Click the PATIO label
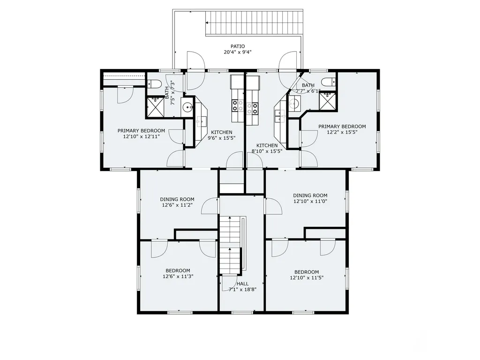click(x=238, y=46)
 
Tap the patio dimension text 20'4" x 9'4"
click(x=238, y=52)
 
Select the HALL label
click(x=242, y=284)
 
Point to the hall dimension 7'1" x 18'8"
click(x=242, y=289)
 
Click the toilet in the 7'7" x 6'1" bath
click(x=329, y=82)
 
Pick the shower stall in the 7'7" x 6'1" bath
click(x=328, y=101)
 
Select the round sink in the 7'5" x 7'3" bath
click(x=187, y=107)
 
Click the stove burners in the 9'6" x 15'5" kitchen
click(x=238, y=105)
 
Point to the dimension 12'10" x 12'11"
click(x=142, y=136)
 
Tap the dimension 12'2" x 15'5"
click(x=342, y=132)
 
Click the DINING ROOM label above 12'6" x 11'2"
click(x=177, y=199)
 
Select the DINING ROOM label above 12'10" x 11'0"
click(x=310, y=195)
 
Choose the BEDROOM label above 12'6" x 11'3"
click(x=178, y=270)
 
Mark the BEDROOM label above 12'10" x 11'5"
click(x=307, y=272)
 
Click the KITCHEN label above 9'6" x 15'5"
click(x=222, y=132)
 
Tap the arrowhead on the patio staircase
click(x=207, y=22)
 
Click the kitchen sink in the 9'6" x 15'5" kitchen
click(x=201, y=121)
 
